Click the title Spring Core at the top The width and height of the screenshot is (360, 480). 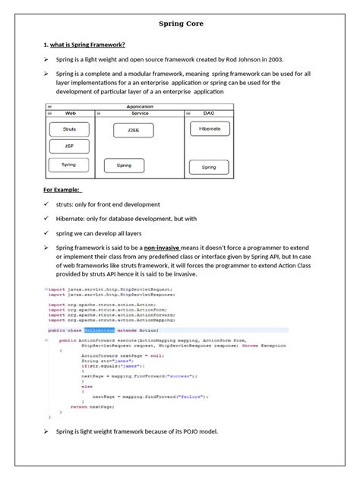click(x=179, y=24)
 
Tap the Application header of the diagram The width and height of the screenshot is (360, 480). click(x=141, y=106)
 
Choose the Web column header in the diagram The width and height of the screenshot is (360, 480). click(x=70, y=113)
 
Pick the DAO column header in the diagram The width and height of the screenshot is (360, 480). click(x=209, y=113)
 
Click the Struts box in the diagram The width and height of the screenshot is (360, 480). click(x=69, y=130)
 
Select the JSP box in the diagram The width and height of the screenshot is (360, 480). click(x=69, y=146)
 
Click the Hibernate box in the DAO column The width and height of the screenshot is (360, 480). click(x=209, y=130)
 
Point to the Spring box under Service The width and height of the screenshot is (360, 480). click(x=119, y=165)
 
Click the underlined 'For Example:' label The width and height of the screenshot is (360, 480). click(x=62, y=190)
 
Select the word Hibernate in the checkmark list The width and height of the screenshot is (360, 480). click(x=71, y=219)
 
